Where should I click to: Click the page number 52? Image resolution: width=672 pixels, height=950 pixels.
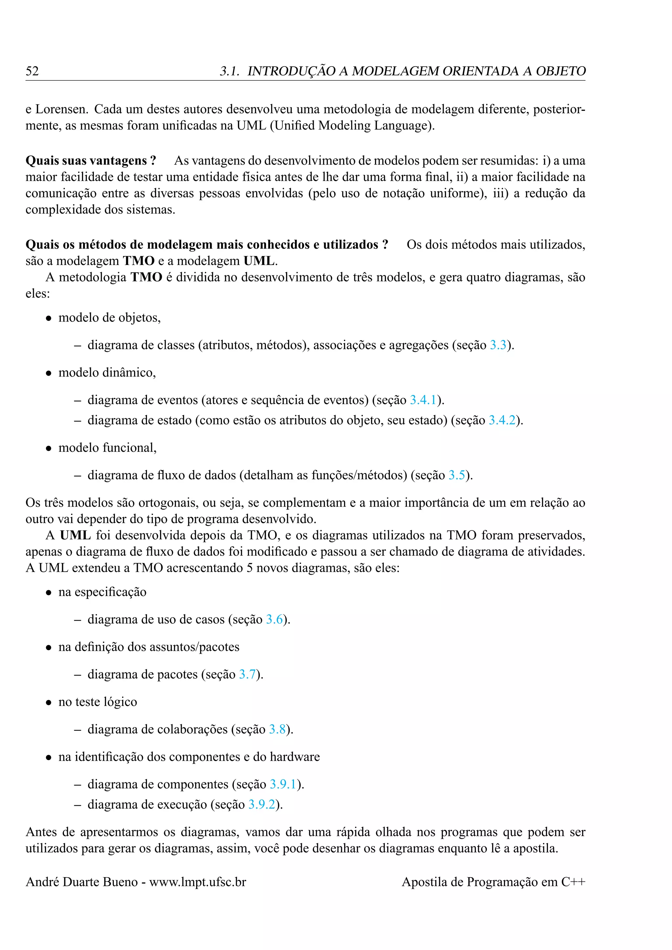click(32, 71)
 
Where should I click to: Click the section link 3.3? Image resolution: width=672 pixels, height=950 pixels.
click(498, 345)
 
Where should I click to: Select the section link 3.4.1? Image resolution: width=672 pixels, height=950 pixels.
click(423, 400)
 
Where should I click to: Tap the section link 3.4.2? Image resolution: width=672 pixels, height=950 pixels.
click(502, 421)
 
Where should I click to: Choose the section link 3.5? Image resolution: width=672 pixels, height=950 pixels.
click(457, 475)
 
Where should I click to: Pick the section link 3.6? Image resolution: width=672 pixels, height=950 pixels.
click(274, 619)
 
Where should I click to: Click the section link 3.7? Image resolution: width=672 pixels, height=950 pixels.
click(247, 674)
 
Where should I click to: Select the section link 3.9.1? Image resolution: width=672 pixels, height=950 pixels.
click(283, 784)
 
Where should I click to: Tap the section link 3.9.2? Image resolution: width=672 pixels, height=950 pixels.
click(262, 804)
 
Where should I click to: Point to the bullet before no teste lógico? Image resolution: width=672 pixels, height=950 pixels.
click(49, 703)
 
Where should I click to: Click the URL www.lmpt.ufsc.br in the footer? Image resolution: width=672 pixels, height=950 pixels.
click(198, 882)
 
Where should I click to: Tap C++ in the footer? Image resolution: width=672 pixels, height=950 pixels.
click(573, 882)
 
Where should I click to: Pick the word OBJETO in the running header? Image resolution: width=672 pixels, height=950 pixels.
click(561, 71)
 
